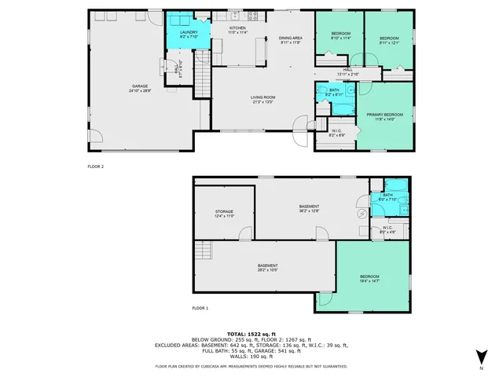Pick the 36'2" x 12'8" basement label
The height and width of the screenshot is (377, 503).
coord(309,208)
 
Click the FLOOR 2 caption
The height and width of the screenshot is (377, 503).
coord(96,167)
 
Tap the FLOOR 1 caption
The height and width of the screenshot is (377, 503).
coord(200,308)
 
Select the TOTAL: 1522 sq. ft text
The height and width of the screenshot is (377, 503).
coord(251,334)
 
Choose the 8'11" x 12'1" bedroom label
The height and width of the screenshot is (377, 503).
coord(390,40)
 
